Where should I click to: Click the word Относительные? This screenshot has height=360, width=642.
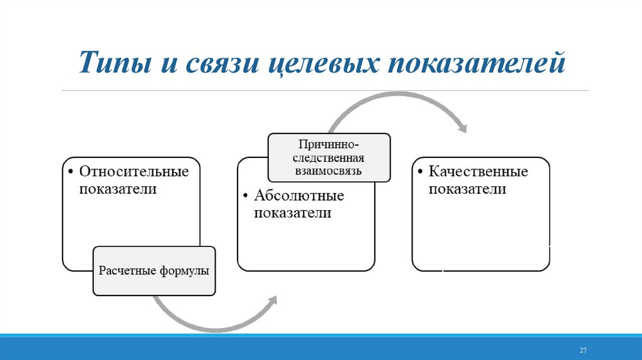(x=134, y=171)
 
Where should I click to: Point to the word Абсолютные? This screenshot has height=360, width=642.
(x=299, y=196)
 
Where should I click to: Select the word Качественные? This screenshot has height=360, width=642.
(x=478, y=171)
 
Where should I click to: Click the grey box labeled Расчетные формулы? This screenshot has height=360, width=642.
(x=154, y=271)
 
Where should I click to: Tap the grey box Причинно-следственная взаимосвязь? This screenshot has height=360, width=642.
(x=329, y=157)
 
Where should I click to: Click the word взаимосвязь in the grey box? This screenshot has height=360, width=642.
(x=329, y=170)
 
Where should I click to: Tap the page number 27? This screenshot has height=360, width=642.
(x=582, y=349)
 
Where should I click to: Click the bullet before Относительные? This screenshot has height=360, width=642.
(x=71, y=171)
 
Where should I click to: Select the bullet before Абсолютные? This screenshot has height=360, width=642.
(x=246, y=196)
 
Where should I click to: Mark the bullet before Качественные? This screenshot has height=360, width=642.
(x=421, y=171)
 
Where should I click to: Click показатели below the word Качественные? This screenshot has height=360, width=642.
(x=467, y=189)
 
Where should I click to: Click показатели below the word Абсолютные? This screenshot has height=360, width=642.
(x=292, y=213)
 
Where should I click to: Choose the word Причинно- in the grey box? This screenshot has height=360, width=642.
(x=329, y=145)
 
